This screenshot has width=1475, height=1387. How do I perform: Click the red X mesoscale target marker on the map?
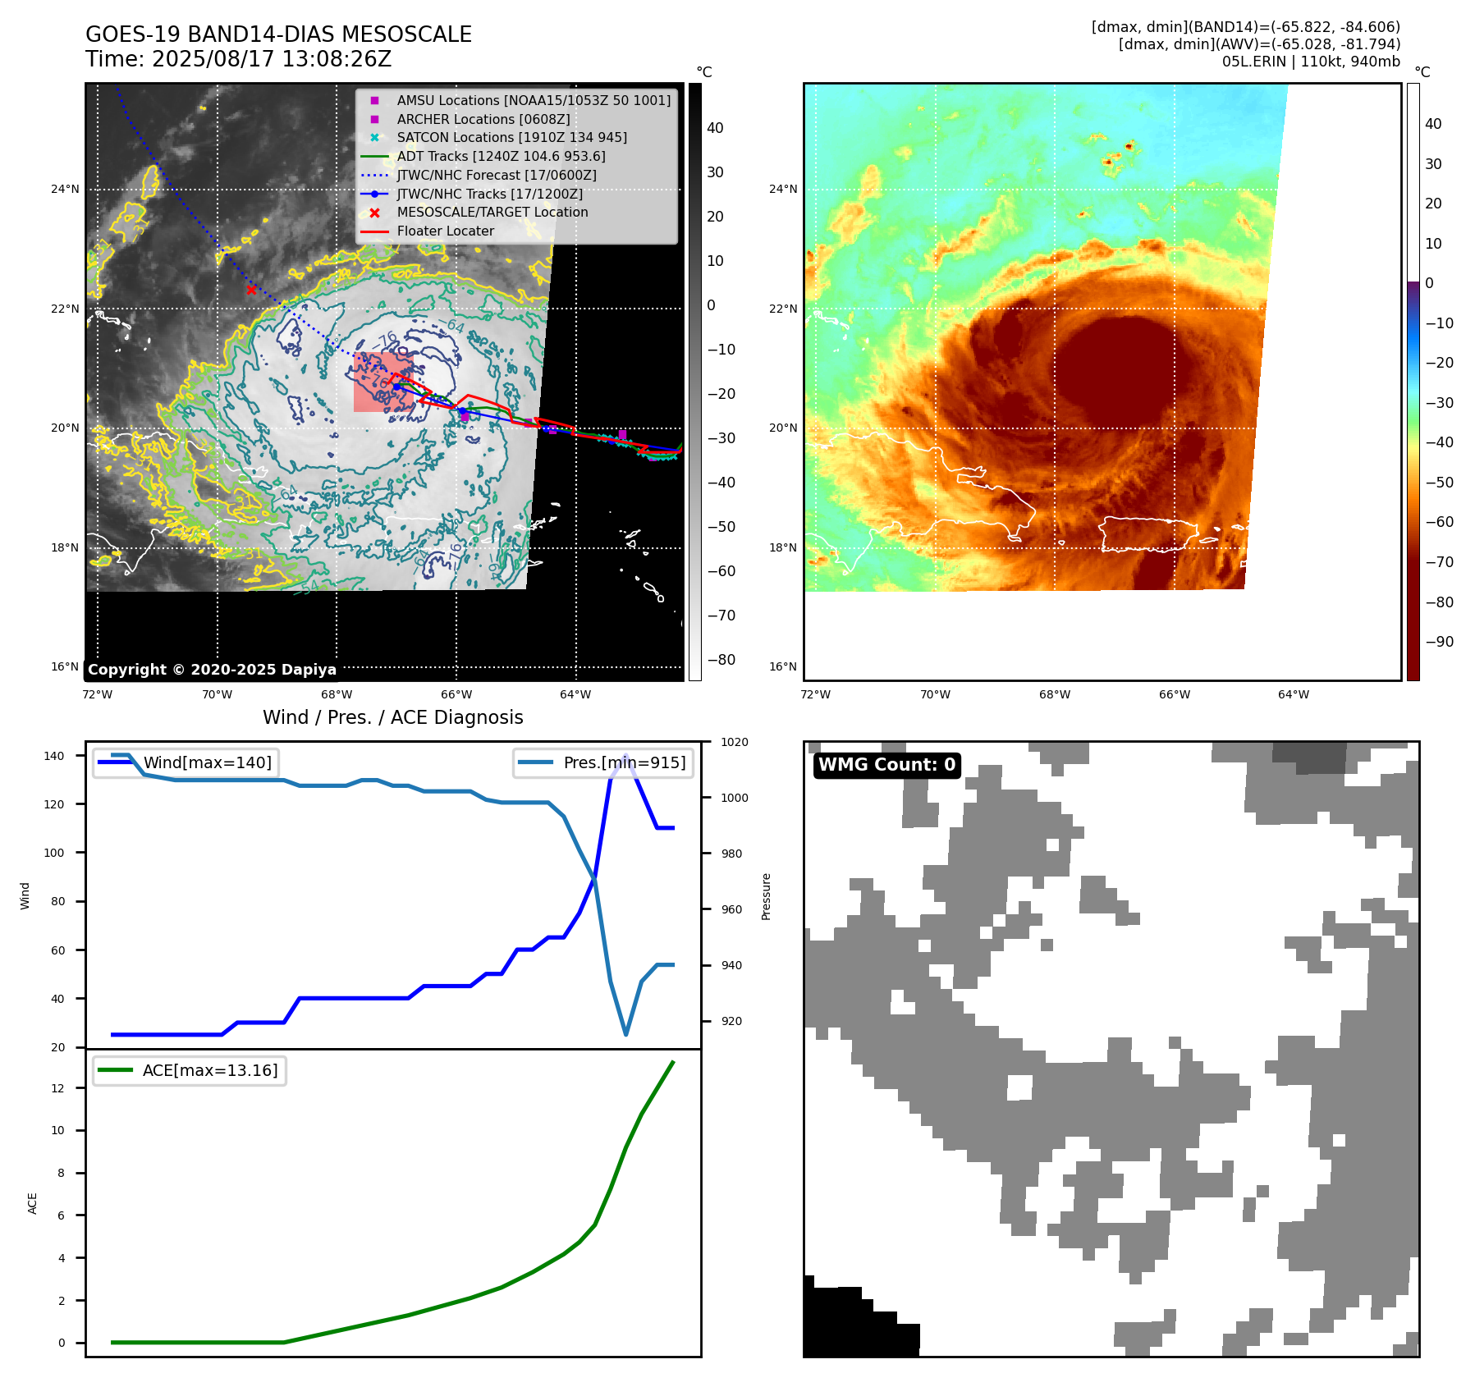click(251, 290)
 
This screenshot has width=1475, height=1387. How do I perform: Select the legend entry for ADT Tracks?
click(501, 156)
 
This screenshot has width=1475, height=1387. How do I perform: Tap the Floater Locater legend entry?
click(445, 231)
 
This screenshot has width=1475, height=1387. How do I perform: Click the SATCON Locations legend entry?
click(511, 137)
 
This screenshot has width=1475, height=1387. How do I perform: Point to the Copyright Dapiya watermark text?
click(212, 670)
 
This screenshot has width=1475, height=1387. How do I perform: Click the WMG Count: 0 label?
click(886, 765)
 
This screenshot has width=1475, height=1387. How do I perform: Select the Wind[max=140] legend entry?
click(207, 762)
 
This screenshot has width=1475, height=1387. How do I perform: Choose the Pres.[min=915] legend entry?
click(624, 762)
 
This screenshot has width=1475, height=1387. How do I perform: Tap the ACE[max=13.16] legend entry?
click(209, 1070)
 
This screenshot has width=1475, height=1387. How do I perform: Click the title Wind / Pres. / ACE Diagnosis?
click(392, 717)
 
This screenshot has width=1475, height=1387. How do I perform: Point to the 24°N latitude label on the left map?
click(65, 189)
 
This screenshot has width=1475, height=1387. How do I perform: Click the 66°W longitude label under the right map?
click(1174, 694)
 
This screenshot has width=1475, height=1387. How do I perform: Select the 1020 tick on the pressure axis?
click(734, 742)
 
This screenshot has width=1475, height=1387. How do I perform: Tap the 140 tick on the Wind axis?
click(54, 756)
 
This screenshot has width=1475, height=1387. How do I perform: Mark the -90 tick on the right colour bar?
click(1439, 642)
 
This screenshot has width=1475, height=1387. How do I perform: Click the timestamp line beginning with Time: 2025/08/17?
click(238, 60)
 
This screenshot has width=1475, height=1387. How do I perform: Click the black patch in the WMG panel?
click(854, 1321)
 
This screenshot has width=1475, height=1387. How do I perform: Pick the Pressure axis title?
click(766, 895)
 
